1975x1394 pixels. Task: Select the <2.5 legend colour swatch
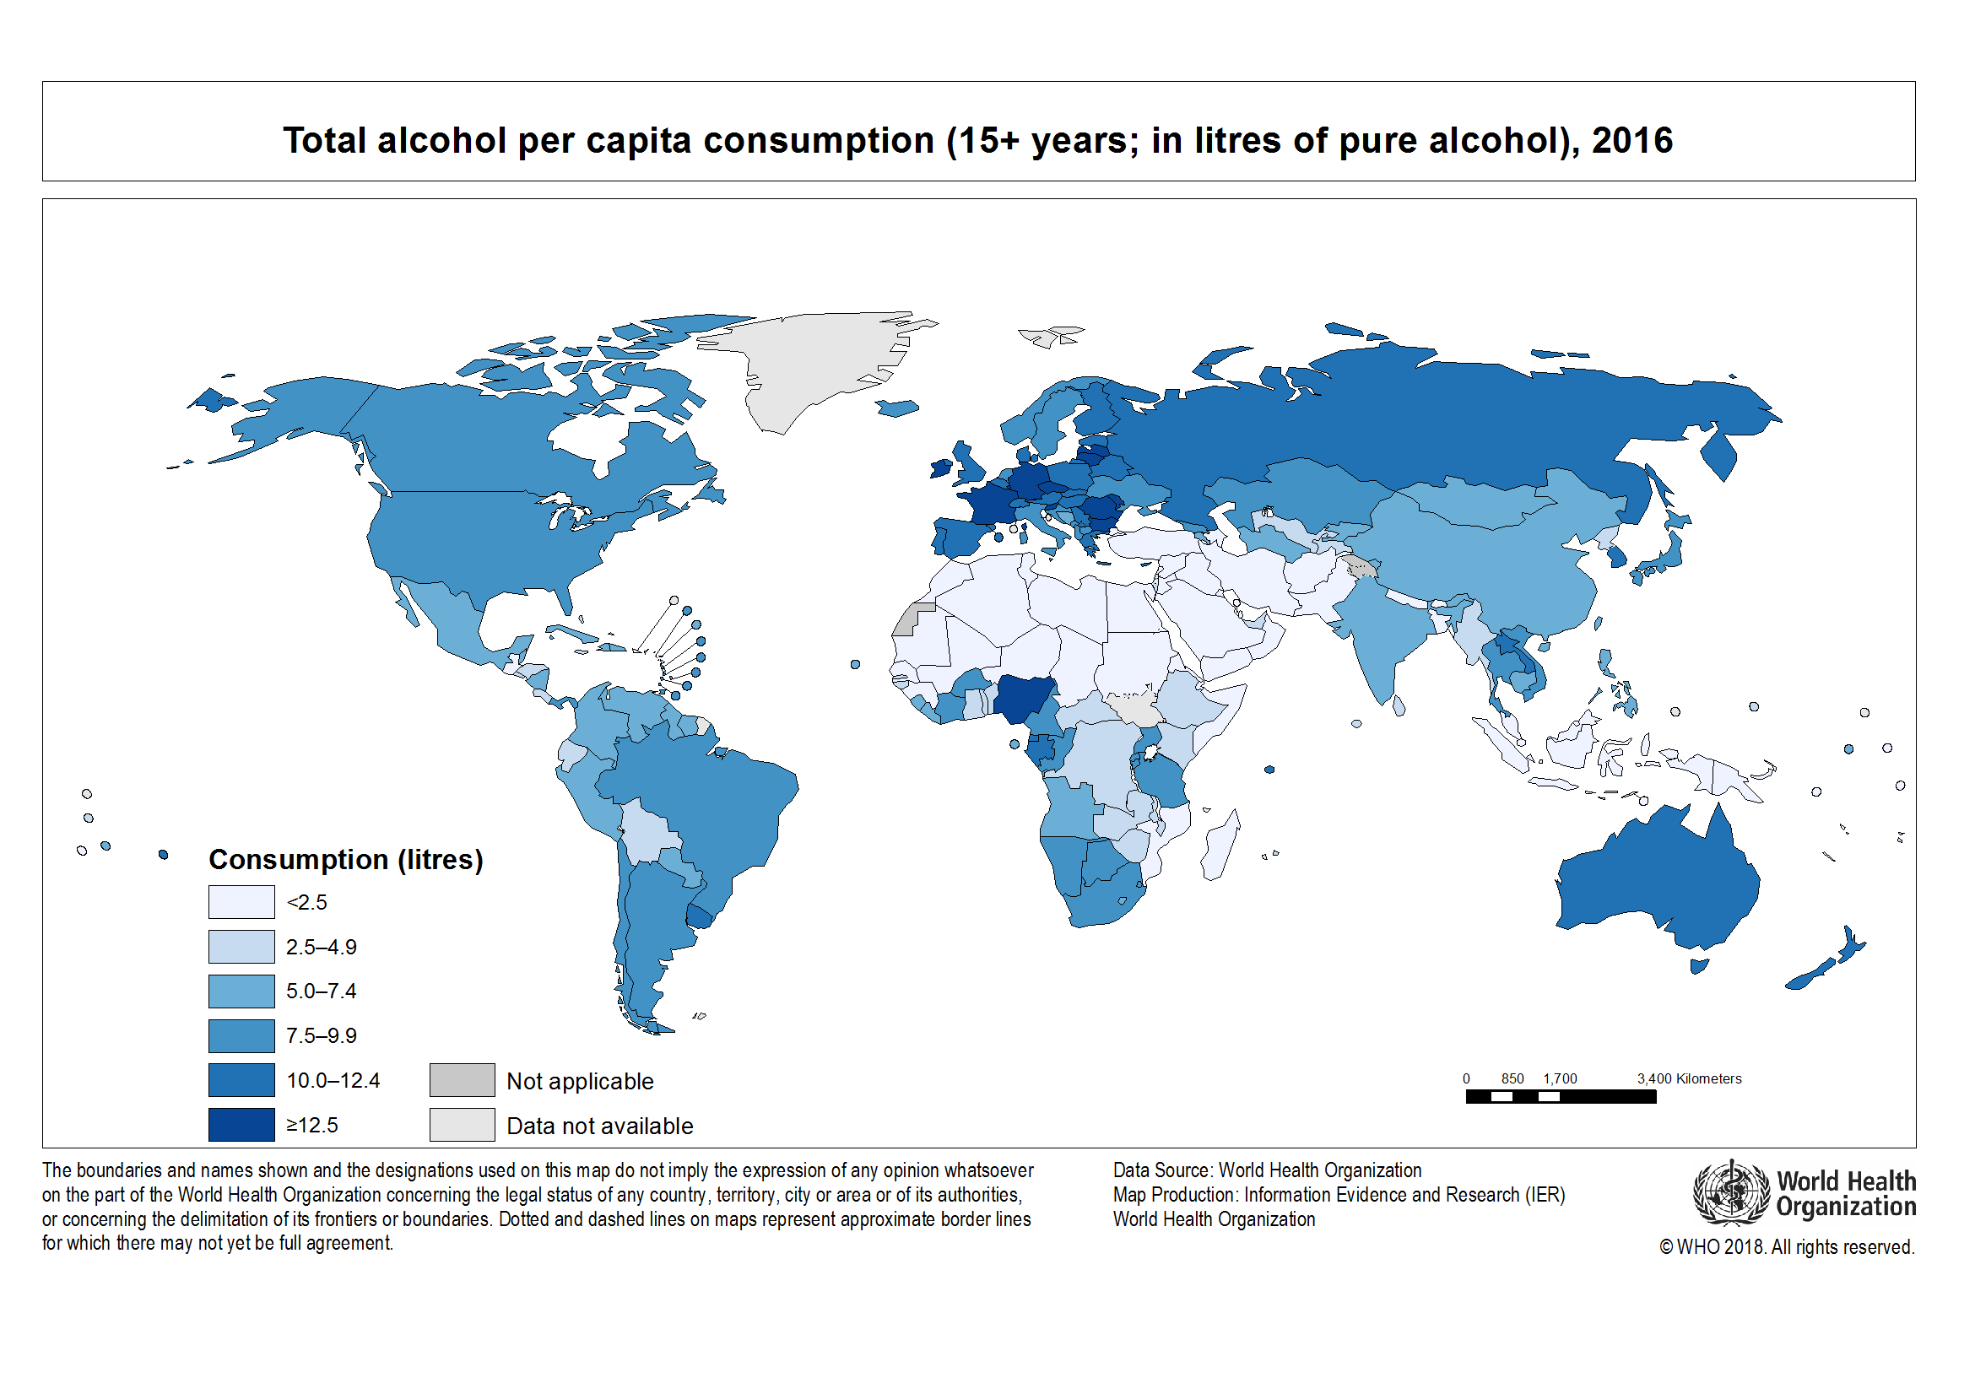pos(241,902)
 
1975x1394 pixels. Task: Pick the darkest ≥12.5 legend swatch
pos(241,1125)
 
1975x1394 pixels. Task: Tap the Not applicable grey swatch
pos(462,1080)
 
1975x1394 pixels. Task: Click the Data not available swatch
pos(462,1125)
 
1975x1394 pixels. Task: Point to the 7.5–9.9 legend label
pos(321,1035)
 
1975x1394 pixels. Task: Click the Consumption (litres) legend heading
pos(346,859)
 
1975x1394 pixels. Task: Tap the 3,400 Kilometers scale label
pos(1689,1078)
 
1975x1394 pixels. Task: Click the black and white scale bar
pos(1561,1096)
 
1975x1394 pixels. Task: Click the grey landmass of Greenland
pos(817,361)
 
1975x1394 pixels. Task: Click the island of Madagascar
pos(1221,847)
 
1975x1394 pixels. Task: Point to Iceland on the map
pos(898,408)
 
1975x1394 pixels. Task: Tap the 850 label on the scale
pos(1512,1078)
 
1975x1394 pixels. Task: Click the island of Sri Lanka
pos(1399,706)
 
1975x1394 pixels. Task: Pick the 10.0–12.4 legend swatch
pos(241,1080)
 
